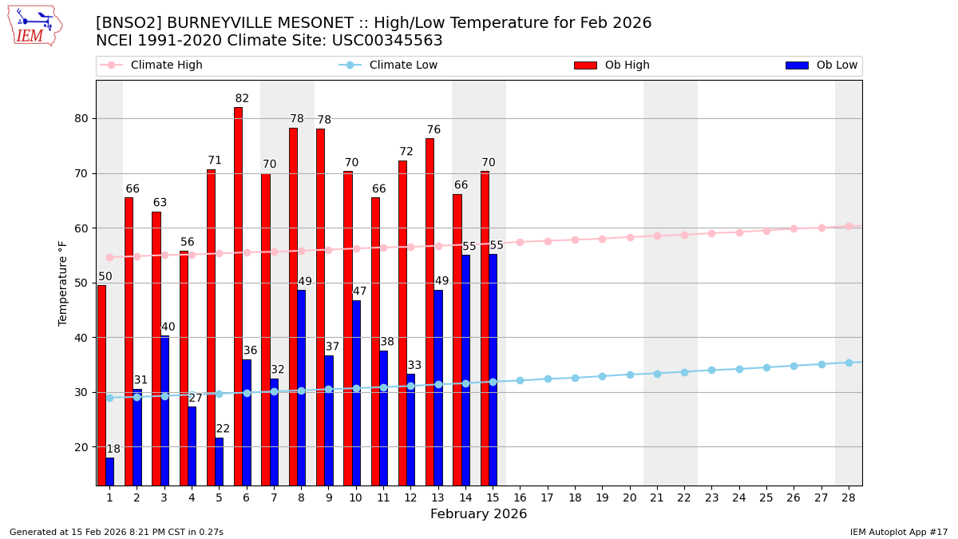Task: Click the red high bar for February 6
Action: tap(238, 295)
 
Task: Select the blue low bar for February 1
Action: tap(109, 471)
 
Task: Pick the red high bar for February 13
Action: tap(430, 311)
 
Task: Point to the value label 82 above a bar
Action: tap(242, 99)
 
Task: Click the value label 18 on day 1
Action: tap(113, 450)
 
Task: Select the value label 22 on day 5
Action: tap(223, 429)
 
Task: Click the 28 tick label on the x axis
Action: tap(849, 497)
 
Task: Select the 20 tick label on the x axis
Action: tap(630, 497)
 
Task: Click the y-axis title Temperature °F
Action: tap(63, 283)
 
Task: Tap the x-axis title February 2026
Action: tap(479, 514)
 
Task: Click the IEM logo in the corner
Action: tap(34, 26)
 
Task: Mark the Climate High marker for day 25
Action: tap(766, 231)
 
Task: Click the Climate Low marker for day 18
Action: tap(575, 378)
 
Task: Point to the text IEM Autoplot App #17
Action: tap(899, 532)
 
